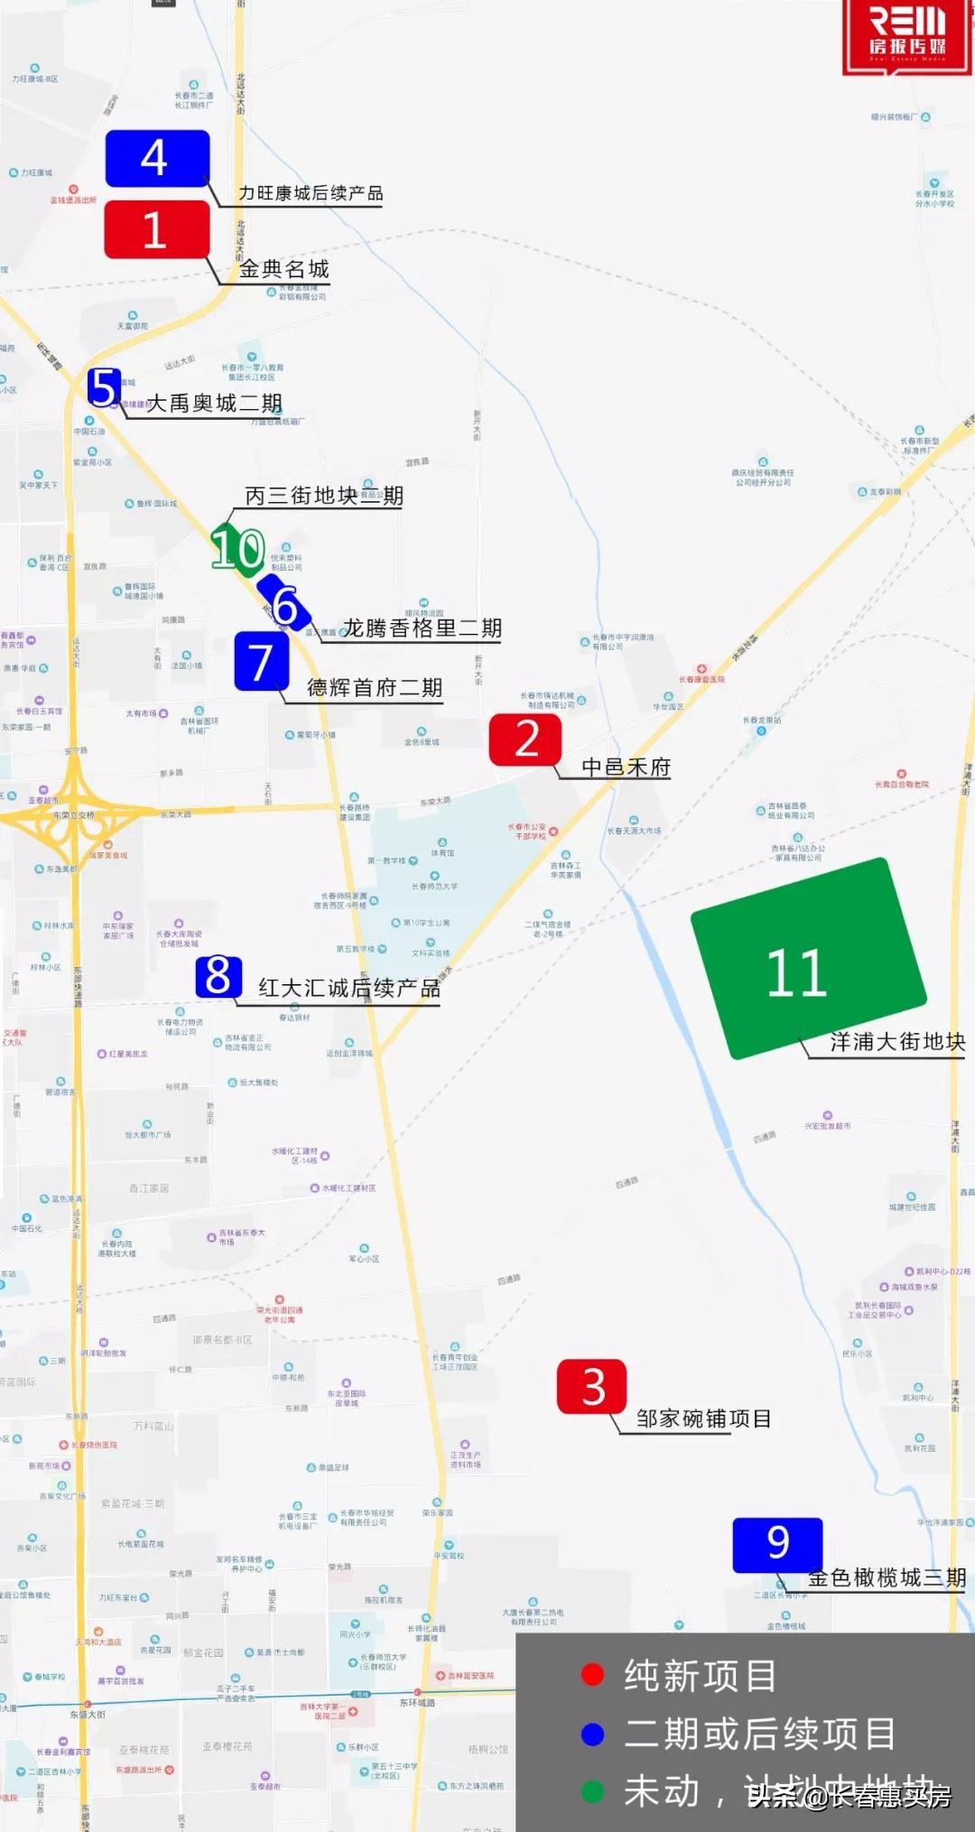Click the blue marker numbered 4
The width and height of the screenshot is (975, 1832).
click(157, 159)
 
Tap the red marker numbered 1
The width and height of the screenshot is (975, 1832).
click(157, 229)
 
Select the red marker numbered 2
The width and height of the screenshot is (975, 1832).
click(525, 739)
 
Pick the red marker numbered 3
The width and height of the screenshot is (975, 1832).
click(592, 1386)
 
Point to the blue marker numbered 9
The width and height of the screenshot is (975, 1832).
click(777, 1544)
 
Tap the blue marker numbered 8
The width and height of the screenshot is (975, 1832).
click(218, 977)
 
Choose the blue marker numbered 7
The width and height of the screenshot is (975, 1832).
click(261, 662)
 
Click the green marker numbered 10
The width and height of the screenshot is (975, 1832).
click(237, 548)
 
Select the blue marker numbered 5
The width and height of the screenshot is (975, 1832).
click(104, 387)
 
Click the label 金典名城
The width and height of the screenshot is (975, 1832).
click(283, 269)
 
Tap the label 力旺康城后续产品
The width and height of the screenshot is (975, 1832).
click(311, 193)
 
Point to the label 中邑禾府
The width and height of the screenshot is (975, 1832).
click(626, 767)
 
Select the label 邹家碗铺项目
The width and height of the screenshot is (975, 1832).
click(703, 1418)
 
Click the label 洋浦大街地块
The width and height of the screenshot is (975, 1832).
click(897, 1042)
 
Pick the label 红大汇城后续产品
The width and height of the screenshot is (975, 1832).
click(349, 988)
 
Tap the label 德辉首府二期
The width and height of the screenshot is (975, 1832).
click(375, 688)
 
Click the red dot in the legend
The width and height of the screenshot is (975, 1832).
click(593, 1676)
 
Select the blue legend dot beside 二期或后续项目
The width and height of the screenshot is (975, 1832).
click(593, 1734)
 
